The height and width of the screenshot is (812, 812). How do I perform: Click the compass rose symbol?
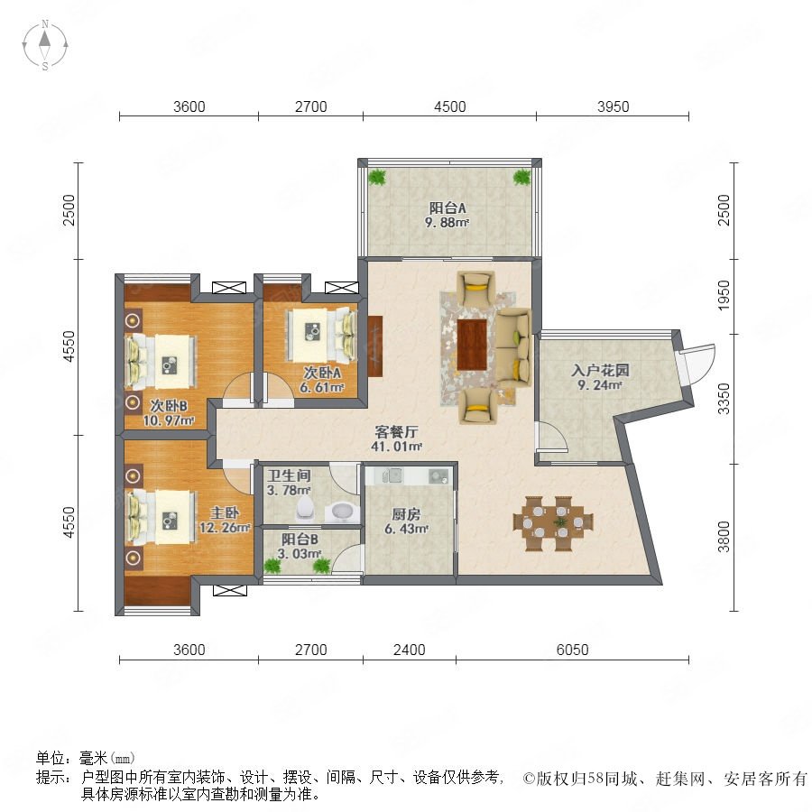coord(45,45)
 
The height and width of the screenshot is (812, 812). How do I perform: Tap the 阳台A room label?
coord(448,208)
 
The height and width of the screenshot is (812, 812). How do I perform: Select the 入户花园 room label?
coord(600,370)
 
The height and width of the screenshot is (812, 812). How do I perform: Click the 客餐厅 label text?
coord(396,431)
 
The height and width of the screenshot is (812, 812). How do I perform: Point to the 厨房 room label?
coord(406,514)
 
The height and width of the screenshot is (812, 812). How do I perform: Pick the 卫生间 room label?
coord(289,475)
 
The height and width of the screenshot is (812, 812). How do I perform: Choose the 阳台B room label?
coord(300,540)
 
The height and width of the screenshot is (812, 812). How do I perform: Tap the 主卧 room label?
coord(225,512)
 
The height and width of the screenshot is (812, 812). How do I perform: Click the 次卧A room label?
coord(321,373)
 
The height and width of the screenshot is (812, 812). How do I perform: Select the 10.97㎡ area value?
coord(169,420)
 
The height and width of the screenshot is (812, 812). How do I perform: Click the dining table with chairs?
coord(553,523)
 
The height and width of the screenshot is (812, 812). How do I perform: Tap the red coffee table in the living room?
coord(472,345)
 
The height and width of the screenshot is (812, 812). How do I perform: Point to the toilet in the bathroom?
coord(305,509)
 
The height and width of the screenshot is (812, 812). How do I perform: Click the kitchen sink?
coord(392,475)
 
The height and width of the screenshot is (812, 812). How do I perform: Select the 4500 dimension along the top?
coord(450,106)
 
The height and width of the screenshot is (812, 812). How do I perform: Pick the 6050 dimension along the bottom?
coord(572,650)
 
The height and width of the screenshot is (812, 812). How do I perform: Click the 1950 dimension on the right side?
coord(724,296)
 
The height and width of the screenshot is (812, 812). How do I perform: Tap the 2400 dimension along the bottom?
coord(409,650)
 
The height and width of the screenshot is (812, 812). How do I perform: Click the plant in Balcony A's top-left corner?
coord(377,177)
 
